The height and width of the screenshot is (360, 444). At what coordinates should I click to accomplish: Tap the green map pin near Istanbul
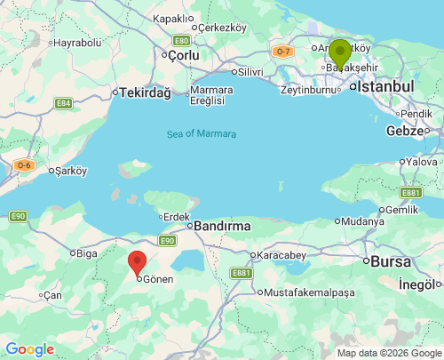tap(339, 52)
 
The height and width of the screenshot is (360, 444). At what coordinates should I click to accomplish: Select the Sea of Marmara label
tap(202, 134)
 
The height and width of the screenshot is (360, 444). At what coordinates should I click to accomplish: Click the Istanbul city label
tap(386, 86)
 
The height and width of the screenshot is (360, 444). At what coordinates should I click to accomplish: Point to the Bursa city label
tap(391, 261)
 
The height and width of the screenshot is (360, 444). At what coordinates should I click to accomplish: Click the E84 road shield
tap(63, 103)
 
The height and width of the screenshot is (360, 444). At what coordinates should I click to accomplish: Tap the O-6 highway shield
tap(23, 164)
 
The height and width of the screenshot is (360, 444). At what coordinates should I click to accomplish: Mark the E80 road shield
tap(181, 40)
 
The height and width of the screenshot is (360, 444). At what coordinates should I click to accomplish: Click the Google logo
tap(29, 349)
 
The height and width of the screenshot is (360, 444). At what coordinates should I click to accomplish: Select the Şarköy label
tap(71, 170)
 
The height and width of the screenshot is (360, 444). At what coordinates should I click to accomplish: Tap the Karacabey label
tap(281, 255)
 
